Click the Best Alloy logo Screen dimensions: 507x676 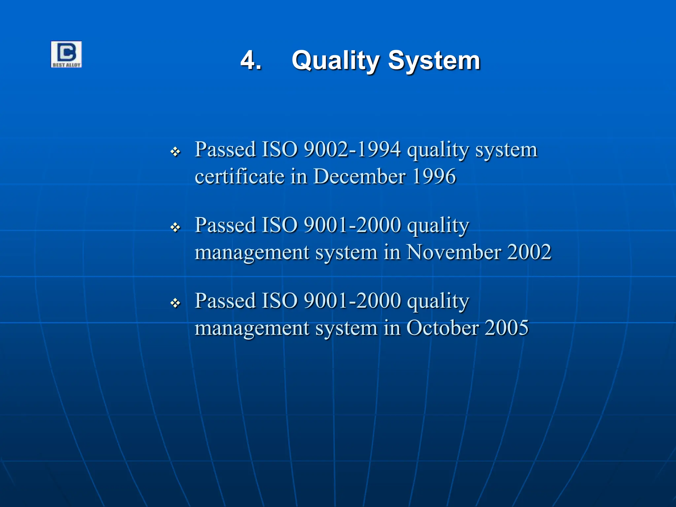[66, 54]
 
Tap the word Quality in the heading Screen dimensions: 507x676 [335, 61]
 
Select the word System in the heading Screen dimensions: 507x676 [434, 61]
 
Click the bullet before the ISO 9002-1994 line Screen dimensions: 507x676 [175, 152]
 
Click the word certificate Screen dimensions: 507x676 [239, 176]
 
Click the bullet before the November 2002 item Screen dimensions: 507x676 [175, 227]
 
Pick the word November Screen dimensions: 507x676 [454, 252]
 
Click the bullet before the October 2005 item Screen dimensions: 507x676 [175, 303]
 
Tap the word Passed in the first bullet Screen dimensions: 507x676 [225, 149]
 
